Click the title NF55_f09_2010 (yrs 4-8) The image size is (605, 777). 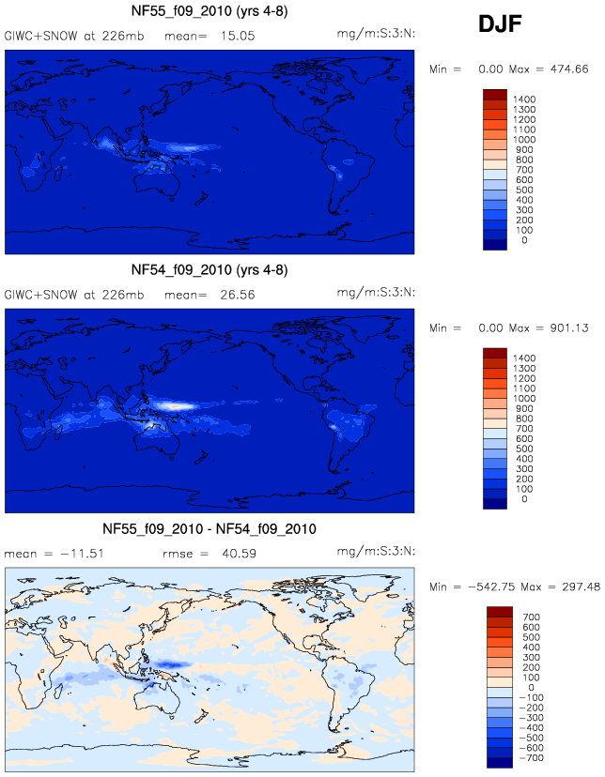209,12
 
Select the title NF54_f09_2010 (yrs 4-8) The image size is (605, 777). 209,270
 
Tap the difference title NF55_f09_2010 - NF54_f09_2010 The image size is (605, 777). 209,529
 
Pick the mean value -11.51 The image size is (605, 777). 79,554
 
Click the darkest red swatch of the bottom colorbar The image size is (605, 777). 498,612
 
